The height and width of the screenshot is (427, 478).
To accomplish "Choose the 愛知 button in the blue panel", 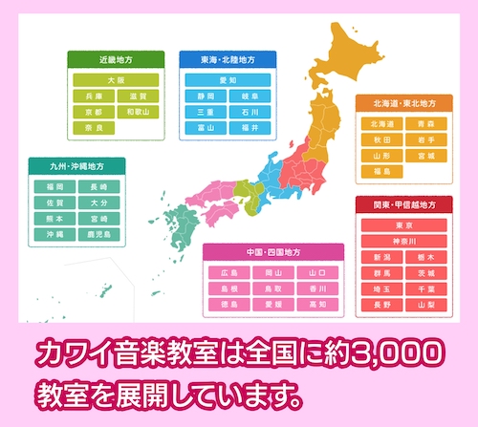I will click(x=228, y=81).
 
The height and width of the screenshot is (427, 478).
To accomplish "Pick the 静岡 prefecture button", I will click(x=206, y=96).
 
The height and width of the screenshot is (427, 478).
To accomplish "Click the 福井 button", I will click(x=250, y=126).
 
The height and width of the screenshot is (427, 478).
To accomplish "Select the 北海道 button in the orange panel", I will click(x=381, y=123).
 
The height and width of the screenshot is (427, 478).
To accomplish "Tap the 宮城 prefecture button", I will click(x=424, y=155).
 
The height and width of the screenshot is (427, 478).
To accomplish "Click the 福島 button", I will click(x=381, y=170).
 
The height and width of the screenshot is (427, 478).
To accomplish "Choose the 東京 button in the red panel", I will click(x=403, y=226).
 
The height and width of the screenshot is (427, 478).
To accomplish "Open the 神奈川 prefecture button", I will click(x=403, y=242).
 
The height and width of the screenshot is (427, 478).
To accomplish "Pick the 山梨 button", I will click(x=424, y=304).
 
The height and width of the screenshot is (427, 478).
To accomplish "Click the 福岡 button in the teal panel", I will click(x=54, y=187).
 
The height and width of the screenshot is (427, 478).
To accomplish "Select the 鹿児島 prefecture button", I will click(x=98, y=233).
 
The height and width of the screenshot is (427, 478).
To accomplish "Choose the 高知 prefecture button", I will click(x=318, y=304).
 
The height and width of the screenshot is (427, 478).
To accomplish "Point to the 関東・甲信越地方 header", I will click(x=403, y=204).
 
